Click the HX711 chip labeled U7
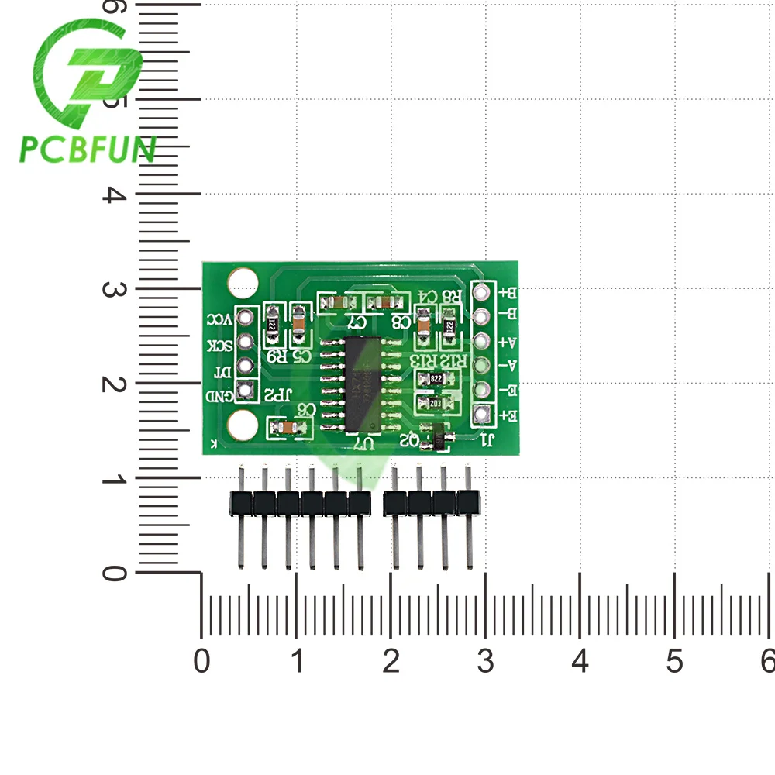pyautogui.click(x=361, y=385)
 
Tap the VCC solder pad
pyautogui.click(x=246, y=317)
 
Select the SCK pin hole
pyautogui.click(x=246, y=341)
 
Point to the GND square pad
pyautogui.click(x=246, y=391)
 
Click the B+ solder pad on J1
pyautogui.click(x=484, y=294)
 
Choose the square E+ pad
pyautogui.click(x=484, y=415)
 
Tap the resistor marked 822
pyautogui.click(x=434, y=379)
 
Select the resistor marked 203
pyautogui.click(x=434, y=403)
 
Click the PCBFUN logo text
pyautogui.click(x=87, y=149)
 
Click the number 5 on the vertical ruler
pyautogui.click(x=115, y=99)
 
